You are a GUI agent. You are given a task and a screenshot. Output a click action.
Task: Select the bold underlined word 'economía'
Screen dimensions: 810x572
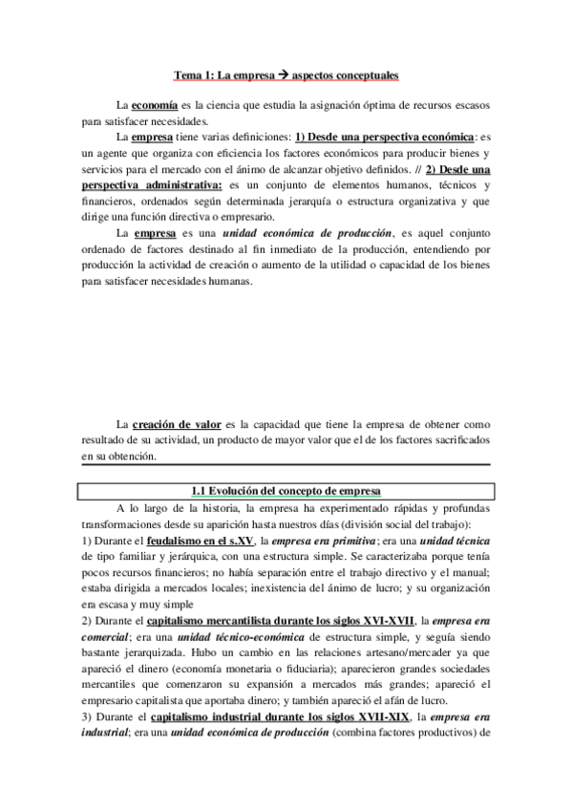(153, 104)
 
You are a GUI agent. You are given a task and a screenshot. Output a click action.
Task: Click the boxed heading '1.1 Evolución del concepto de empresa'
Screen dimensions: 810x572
(286, 491)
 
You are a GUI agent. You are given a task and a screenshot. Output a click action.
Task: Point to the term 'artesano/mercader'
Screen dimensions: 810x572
(388, 654)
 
